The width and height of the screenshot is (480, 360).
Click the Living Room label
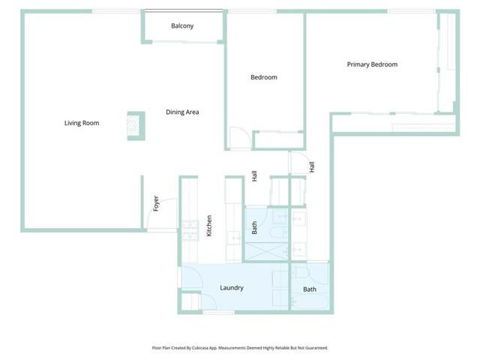[x=81, y=123]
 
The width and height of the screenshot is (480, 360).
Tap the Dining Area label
[x=181, y=112]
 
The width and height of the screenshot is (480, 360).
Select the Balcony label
[x=181, y=26]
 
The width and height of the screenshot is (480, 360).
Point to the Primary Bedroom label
[x=371, y=64]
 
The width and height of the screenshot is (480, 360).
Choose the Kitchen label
[x=209, y=226]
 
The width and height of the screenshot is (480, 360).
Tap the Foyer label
[x=156, y=203]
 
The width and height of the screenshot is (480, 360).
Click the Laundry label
[x=231, y=288]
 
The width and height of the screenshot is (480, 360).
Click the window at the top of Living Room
[x=116, y=11]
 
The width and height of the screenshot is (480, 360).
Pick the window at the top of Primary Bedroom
[x=411, y=11]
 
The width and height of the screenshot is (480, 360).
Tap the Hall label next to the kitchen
[x=254, y=176]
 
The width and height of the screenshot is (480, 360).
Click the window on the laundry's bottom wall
[x=217, y=312]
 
